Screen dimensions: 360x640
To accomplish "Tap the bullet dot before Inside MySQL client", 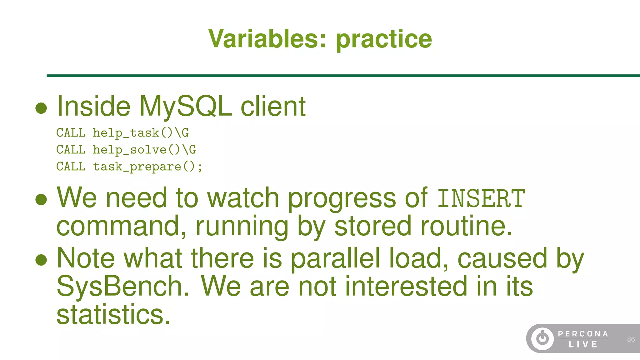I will click(41, 108).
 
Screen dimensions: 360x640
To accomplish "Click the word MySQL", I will click(186, 107).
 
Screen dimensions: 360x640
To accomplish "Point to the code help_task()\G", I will click(141, 133).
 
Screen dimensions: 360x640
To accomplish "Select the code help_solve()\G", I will click(144, 150).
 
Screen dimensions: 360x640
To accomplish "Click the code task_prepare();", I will click(148, 167).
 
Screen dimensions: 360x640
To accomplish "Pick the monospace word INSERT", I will click(481, 198).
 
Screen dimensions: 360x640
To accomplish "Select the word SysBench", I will click(123, 286).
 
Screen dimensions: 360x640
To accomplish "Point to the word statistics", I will click(113, 314).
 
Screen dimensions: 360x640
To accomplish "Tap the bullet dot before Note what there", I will click(41, 259).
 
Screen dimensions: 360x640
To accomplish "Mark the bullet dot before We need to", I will click(41, 199).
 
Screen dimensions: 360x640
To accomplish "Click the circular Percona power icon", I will click(542, 338).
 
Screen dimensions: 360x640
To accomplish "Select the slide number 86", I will click(631, 339).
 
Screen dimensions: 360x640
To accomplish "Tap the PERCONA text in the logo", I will click(583, 334).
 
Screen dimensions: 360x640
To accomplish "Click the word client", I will click(273, 107).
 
